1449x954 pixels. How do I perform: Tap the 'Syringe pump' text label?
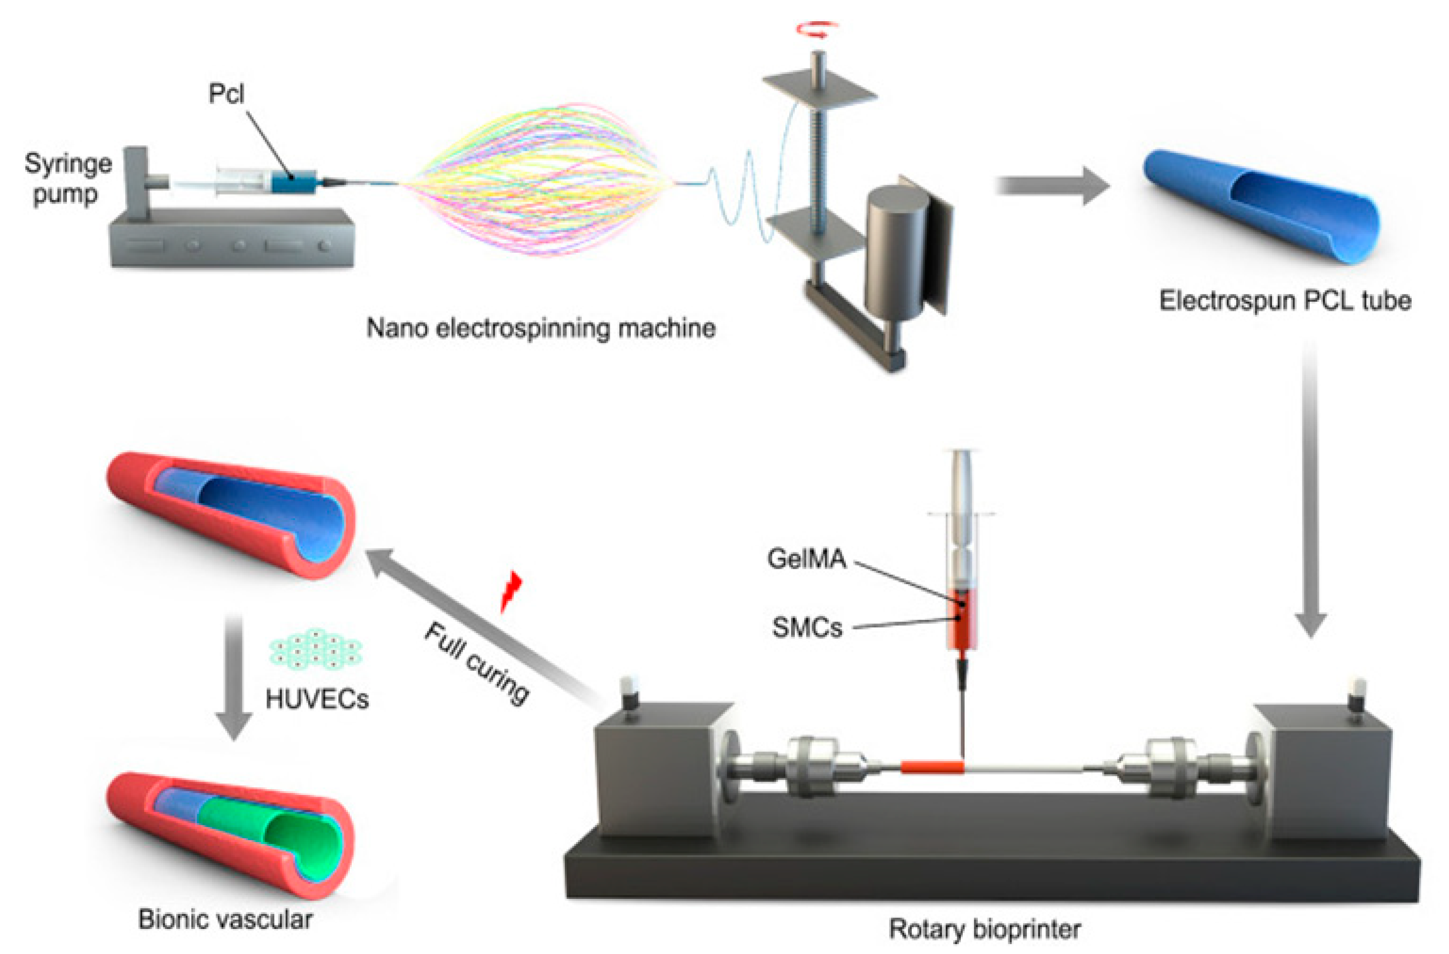(x=67, y=179)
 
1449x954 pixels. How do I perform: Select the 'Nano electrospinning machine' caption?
(x=541, y=328)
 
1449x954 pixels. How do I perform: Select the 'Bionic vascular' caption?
(x=225, y=919)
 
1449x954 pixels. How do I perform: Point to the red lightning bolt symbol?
(x=510, y=591)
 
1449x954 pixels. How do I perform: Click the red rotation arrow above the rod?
(x=818, y=29)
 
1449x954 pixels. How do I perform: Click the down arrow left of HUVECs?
(x=234, y=676)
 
